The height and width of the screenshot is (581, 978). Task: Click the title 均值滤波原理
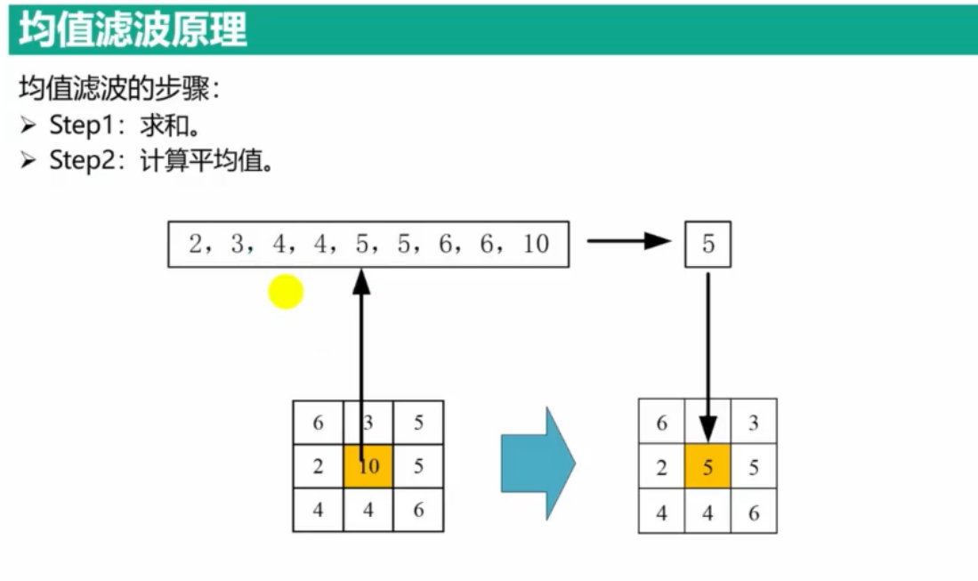pyautogui.click(x=133, y=29)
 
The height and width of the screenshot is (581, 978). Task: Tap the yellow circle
pyautogui.click(x=286, y=291)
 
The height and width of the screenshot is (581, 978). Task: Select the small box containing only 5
pyautogui.click(x=707, y=244)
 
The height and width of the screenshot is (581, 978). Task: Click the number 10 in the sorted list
pyautogui.click(x=536, y=244)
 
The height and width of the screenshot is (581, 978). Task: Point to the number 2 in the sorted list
pyautogui.click(x=196, y=244)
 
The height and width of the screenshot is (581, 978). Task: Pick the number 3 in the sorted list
pyautogui.click(x=238, y=244)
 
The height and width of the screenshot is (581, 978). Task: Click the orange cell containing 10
pyautogui.click(x=368, y=465)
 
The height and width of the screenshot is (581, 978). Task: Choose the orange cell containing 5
pyautogui.click(x=707, y=467)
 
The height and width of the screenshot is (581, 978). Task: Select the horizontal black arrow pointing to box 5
pyautogui.click(x=627, y=240)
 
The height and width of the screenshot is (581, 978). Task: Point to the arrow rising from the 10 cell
pyautogui.click(x=360, y=356)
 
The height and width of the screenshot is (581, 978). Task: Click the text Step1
pyautogui.click(x=77, y=125)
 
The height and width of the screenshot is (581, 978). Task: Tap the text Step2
pyautogui.click(x=77, y=160)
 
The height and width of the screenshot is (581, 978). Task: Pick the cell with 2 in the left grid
pyautogui.click(x=318, y=466)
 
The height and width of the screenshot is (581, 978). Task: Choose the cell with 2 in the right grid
pyautogui.click(x=662, y=467)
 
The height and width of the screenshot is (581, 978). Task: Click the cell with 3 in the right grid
pyautogui.click(x=754, y=423)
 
